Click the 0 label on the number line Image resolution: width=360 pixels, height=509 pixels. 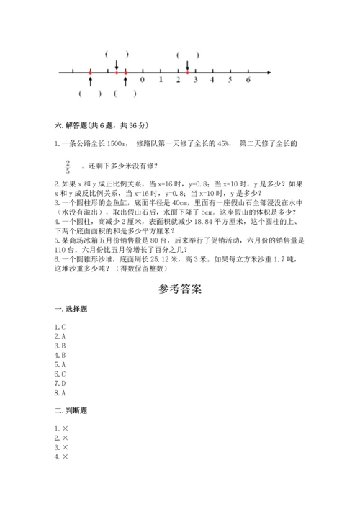(143, 80)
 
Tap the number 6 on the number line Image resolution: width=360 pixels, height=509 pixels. (248, 80)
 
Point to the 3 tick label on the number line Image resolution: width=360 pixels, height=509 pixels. (195, 80)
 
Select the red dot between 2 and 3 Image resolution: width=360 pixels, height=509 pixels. (187, 72)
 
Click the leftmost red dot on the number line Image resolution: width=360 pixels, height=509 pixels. (90, 72)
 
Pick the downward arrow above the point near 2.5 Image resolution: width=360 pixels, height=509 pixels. (187, 63)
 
